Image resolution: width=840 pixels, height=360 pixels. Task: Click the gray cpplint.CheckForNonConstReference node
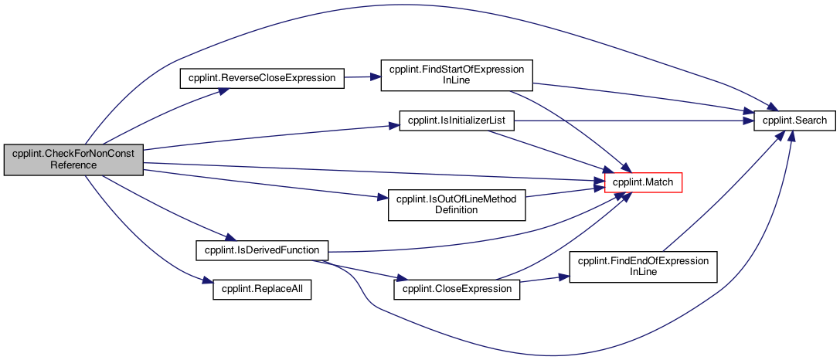74,160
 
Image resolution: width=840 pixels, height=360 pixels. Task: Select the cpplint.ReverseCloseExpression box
261,78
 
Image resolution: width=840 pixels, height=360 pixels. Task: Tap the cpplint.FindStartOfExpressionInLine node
457,75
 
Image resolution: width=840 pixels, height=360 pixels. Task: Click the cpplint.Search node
794,121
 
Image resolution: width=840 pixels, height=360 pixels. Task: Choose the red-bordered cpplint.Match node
643,182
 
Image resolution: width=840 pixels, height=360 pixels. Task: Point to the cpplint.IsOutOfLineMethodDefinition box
457,205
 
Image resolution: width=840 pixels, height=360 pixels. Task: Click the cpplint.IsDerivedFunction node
261,250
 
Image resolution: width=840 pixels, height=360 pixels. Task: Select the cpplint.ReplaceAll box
262,289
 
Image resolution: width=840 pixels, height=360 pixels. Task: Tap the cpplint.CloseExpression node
457,289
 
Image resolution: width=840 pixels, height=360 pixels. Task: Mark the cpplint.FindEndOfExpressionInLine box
643,267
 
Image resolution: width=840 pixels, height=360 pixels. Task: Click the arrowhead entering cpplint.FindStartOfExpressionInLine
376,76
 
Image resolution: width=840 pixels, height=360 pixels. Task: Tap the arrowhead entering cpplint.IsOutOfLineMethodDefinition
383,199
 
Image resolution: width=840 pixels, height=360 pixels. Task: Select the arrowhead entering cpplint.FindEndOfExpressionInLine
565,277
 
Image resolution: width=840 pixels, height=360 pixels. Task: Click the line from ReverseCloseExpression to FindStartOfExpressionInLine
362,77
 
